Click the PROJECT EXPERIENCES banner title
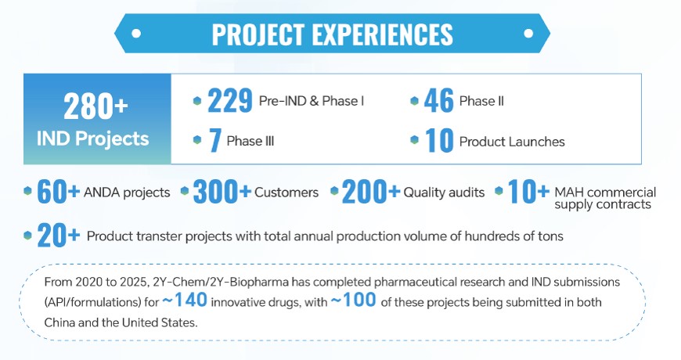pyautogui.click(x=332, y=34)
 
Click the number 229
pyautogui.click(x=229, y=100)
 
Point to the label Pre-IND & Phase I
pyautogui.click(x=312, y=101)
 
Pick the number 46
pyautogui.click(x=438, y=100)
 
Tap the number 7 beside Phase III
pyautogui.click(x=213, y=141)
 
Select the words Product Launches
pyautogui.click(x=512, y=142)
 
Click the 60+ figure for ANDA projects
pyautogui.click(x=59, y=192)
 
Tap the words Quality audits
pyautogui.click(x=444, y=193)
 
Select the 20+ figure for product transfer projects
pyautogui.click(x=59, y=236)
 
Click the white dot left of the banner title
pyautogui.click(x=136, y=34)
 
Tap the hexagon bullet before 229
pyautogui.click(x=196, y=101)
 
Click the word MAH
pyautogui.click(x=569, y=193)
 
